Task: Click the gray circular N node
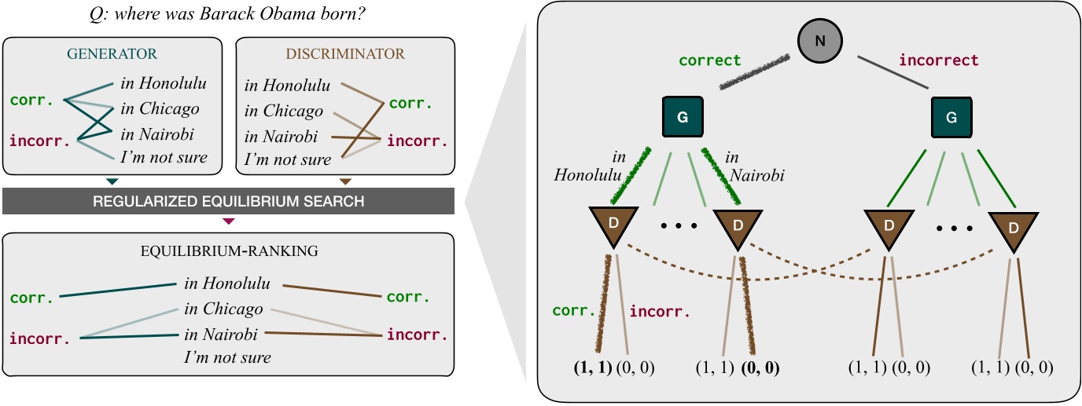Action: point(819,39)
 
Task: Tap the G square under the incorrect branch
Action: point(951,117)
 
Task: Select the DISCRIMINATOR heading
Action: point(344,54)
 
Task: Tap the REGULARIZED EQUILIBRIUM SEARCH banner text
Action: point(228,202)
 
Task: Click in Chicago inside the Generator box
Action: point(160,109)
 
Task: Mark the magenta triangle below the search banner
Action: point(229,222)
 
